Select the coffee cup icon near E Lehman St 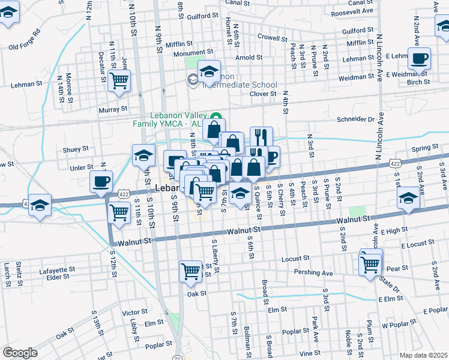(420, 59)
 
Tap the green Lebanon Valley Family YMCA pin (217, 116)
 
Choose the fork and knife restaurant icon (261, 137)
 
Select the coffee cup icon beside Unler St (101, 181)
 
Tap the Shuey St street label (76, 148)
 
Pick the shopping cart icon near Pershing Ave (370, 263)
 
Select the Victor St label (134, 312)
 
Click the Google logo (20, 352)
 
